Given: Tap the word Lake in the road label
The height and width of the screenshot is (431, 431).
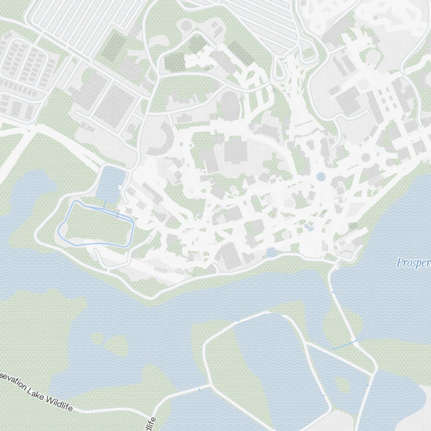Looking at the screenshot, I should click(x=36, y=393).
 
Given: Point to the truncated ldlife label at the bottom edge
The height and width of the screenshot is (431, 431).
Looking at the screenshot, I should click(x=150, y=424).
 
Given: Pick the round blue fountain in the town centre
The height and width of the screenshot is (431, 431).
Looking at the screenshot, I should click(x=321, y=176).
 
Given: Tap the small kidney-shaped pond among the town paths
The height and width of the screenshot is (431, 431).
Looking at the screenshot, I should click(x=308, y=226).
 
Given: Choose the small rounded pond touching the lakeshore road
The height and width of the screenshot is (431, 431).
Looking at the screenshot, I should click(x=272, y=253).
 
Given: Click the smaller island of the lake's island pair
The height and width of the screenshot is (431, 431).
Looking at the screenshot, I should click(x=97, y=338).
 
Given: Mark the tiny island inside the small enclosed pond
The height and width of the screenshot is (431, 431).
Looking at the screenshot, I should click(x=343, y=384).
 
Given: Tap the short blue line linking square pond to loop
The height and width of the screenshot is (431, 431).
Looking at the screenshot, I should click(x=104, y=204).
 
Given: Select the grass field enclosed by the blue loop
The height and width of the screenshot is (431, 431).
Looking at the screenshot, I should click(x=97, y=224).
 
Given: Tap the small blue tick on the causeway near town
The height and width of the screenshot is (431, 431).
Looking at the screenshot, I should click(x=332, y=293).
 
